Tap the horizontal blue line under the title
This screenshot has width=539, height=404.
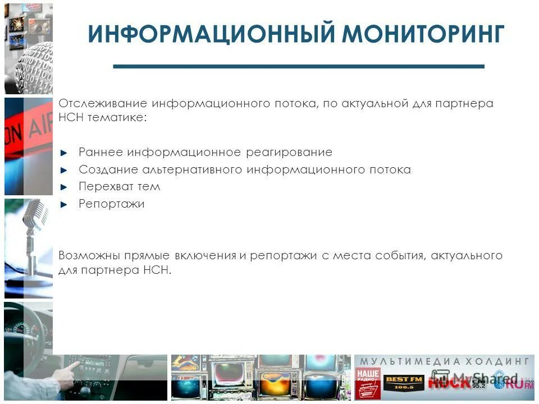pos(298,66)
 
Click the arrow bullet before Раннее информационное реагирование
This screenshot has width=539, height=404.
pos(63,153)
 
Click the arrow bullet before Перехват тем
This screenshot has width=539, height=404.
pos(63,187)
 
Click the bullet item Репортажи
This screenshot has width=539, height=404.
pos(111,204)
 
